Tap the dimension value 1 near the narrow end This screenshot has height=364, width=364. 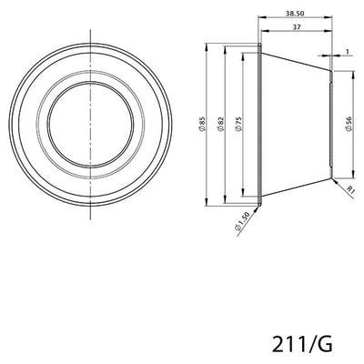[347, 52]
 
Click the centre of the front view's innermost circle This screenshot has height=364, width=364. [92, 121]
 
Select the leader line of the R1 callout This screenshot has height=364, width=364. [340, 181]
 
